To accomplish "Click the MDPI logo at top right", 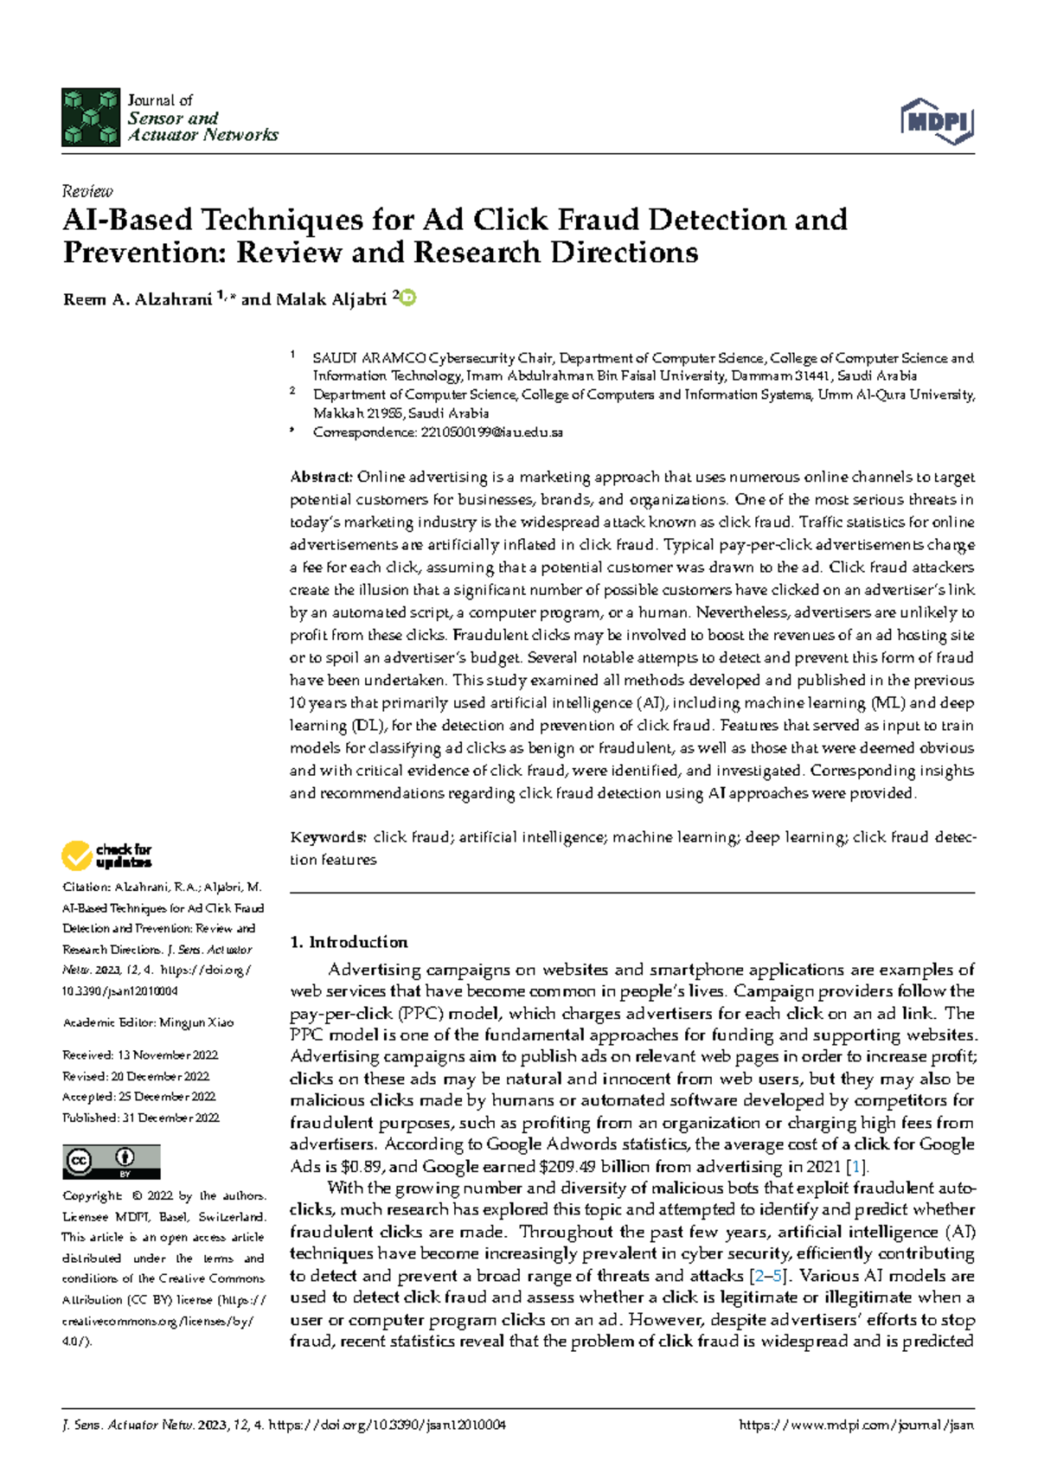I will pos(938,121).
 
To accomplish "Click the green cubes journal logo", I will pos(90,117).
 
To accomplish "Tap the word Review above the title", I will pos(87,191).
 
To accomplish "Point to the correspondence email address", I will pos(491,432).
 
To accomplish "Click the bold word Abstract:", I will pos(321,477).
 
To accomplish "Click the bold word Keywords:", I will pos(328,837).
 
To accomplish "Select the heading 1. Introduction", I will pos(349,942).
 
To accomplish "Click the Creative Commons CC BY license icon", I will pos(111,1162).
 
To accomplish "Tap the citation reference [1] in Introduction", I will pos(856,1167).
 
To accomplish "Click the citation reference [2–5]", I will pos(770,1276).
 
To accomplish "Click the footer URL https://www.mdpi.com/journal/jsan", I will pos(856,1425).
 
